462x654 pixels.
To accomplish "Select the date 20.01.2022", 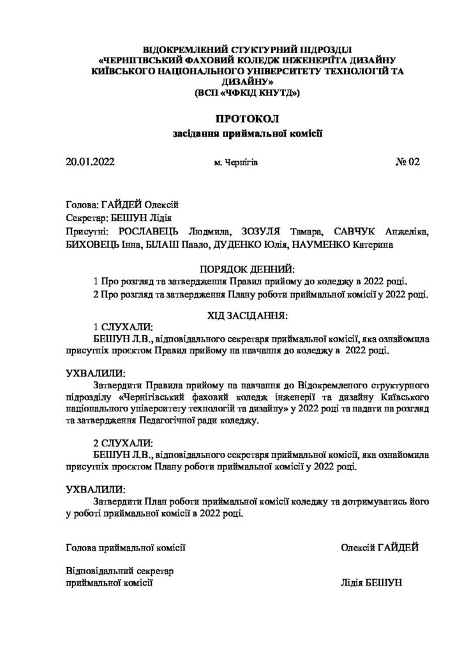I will (x=89, y=162).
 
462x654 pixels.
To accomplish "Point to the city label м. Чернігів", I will (x=236, y=163).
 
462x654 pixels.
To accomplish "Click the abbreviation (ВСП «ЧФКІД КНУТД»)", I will (x=248, y=93).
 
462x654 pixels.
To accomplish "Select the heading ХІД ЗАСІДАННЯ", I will (x=248, y=315).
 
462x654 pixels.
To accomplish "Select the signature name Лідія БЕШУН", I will (x=373, y=583).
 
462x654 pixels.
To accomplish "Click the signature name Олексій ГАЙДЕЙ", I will (x=379, y=547).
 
